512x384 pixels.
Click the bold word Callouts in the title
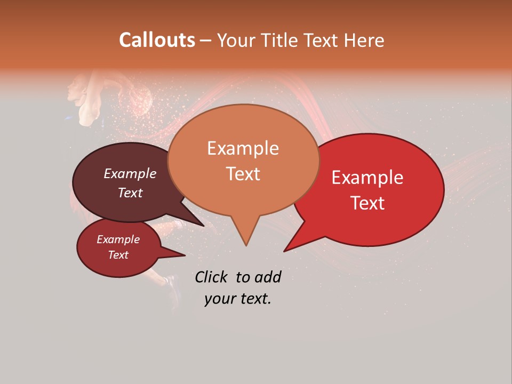(157, 40)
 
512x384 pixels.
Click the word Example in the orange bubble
(243, 148)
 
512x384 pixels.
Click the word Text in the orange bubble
(243, 174)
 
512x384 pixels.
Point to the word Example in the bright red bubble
(367, 178)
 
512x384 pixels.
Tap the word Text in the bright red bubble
(367, 203)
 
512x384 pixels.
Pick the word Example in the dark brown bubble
(130, 174)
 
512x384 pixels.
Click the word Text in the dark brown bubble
(130, 193)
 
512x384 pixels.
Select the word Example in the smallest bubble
(118, 239)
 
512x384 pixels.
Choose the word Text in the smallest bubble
(118, 255)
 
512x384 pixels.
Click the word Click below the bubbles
(212, 277)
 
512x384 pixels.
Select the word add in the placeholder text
(268, 277)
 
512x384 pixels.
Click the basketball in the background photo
(139, 99)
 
